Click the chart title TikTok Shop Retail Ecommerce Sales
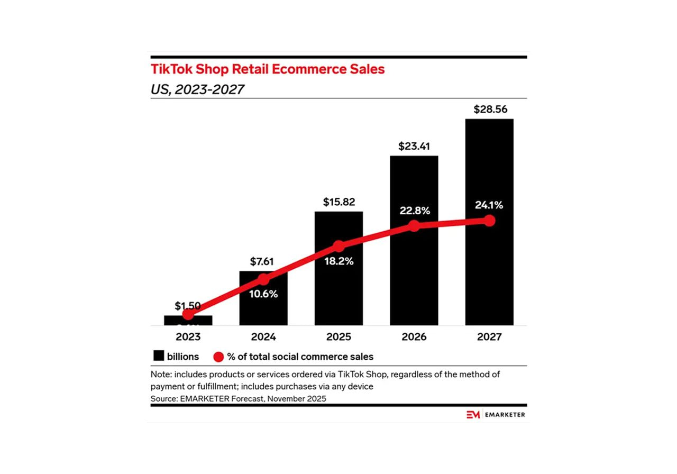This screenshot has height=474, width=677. [268, 69]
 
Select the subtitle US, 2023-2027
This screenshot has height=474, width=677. [197, 89]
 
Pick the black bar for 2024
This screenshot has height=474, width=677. [263, 307]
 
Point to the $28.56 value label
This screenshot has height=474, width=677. [489, 110]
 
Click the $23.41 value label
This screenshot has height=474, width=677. [414, 146]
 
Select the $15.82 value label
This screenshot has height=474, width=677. [338, 202]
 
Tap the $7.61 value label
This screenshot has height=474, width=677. [263, 261]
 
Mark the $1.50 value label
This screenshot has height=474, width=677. [188, 306]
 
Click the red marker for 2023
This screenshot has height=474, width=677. [188, 315]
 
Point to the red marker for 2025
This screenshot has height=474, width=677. [338, 245]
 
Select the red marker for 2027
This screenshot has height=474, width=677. [489, 221]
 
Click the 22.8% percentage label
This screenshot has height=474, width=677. [414, 211]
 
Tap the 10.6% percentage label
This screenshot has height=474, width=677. [263, 294]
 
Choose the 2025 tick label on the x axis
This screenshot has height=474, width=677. [338, 336]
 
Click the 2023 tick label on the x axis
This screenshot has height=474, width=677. [188, 336]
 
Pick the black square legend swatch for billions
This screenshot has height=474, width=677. [158, 356]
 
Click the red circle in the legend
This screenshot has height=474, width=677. [218, 357]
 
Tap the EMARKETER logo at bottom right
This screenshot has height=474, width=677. [496, 415]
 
